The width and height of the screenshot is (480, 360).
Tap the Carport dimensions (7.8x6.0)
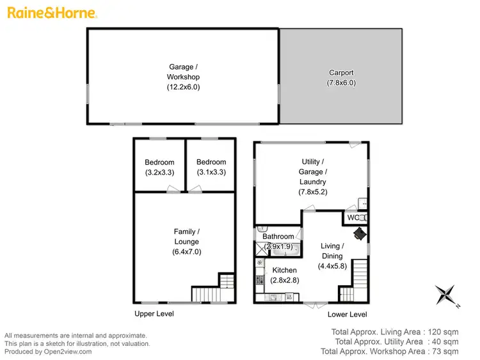coord(341,82)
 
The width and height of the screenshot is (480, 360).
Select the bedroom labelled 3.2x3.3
coord(159,167)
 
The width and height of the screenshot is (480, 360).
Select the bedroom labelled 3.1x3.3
coord(211,167)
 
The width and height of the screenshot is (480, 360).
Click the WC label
coord(353,218)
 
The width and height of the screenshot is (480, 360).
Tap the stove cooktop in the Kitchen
coord(259,279)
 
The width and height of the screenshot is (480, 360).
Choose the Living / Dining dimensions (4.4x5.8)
coord(332,266)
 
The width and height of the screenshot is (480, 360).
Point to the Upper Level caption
coord(154,314)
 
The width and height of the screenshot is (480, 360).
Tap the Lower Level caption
coord(347,314)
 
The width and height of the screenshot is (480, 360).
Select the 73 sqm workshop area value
coord(445,352)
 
